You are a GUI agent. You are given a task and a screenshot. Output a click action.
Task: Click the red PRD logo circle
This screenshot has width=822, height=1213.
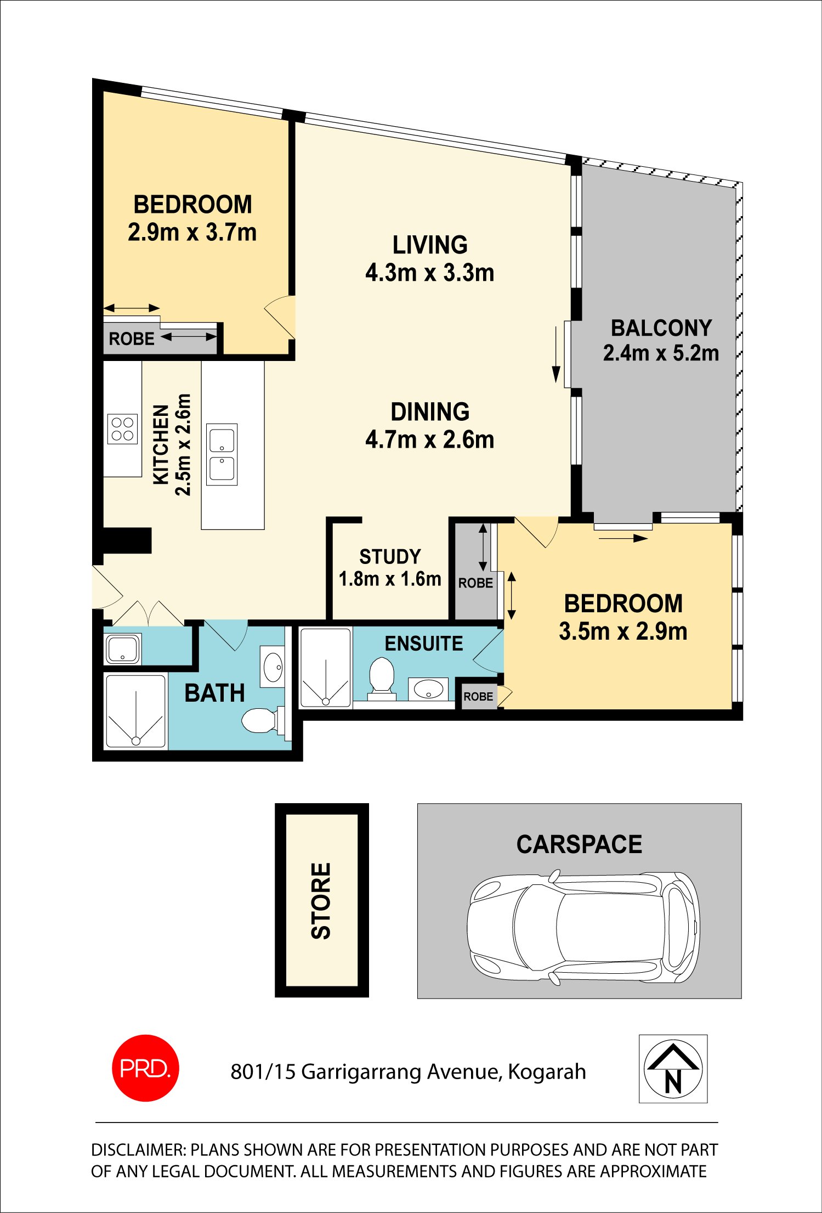pos(145,1068)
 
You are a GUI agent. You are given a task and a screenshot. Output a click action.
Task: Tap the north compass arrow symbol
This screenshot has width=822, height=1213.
pos(673,1068)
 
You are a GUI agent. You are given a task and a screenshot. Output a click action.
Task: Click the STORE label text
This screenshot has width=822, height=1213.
pos(321,901)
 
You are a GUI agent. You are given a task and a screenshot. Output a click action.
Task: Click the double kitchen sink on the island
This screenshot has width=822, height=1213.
pos(222,454)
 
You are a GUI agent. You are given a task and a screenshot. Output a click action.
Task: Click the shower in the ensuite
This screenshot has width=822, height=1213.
pos(326,667)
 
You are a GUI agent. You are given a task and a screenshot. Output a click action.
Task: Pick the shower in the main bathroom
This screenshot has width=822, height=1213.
pos(135,711)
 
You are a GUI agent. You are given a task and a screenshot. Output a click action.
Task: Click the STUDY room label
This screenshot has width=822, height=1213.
pos(390,557)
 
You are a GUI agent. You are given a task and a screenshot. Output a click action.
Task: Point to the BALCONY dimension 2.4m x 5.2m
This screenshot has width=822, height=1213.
pos(661,353)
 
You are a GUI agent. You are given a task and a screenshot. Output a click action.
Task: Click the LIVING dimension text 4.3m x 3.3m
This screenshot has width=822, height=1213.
pos(430,272)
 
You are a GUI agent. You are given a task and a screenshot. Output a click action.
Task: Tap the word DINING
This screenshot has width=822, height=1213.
pos(430,411)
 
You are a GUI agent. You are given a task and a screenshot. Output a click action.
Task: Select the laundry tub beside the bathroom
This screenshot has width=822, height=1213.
pos(123,649)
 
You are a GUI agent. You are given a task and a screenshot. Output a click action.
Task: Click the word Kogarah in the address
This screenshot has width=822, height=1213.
pos(547,1071)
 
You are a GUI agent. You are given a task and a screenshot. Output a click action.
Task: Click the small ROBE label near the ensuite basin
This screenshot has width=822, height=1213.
pos(478,696)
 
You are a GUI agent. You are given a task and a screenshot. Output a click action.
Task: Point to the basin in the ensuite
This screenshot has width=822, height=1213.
pos(428,689)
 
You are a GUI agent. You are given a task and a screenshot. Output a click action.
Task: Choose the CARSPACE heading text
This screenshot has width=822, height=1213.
pos(579,844)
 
